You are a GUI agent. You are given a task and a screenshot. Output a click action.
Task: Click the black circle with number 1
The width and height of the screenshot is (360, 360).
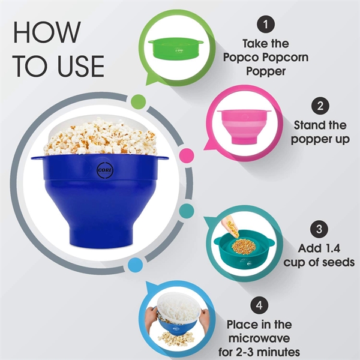click(x=266, y=24)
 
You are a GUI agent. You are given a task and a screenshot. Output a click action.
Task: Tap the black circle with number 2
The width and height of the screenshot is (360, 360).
click(x=320, y=106)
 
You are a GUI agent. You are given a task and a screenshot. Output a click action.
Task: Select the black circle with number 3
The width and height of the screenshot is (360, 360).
click(x=319, y=229)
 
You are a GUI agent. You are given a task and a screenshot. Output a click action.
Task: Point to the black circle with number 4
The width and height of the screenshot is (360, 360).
click(x=259, y=305)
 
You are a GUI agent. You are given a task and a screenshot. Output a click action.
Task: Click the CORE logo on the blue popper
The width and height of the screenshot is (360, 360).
click(x=105, y=170)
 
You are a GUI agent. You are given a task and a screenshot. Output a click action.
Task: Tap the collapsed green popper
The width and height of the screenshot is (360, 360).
click(x=176, y=48)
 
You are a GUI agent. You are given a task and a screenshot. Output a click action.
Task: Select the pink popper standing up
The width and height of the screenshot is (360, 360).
click(x=244, y=126)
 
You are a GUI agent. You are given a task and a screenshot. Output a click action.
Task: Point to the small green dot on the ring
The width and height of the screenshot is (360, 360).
click(x=138, y=102)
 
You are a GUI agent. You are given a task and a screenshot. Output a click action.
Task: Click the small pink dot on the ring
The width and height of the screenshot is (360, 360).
click(x=187, y=155)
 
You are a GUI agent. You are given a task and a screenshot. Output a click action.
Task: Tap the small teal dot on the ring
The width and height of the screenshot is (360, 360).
click(x=186, y=211)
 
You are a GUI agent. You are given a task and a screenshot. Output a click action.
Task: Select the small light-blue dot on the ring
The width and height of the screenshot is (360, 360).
click(x=135, y=265)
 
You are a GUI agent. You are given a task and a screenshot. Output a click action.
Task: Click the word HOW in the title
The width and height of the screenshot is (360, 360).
click(x=47, y=32)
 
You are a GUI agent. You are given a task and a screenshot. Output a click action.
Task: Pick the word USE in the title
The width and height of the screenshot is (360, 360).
click(x=81, y=66)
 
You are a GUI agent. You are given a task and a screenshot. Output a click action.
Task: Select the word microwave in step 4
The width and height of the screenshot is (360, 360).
click(x=259, y=338)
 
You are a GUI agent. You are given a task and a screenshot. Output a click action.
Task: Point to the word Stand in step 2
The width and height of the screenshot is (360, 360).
click(x=307, y=125)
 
